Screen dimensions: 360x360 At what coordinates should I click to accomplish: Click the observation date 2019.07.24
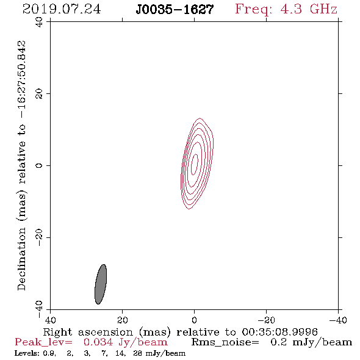coord(62,9)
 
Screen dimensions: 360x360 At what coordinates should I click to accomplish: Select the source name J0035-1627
coord(175,10)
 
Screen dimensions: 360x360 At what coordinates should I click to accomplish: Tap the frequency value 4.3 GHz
coord(309,9)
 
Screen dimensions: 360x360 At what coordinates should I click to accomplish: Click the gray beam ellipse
coord(101,284)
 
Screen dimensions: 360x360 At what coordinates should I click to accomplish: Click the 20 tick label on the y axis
coord(39,94)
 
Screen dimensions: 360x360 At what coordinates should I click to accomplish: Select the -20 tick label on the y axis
coord(39,237)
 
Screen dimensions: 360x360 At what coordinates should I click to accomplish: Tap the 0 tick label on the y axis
coord(39,165)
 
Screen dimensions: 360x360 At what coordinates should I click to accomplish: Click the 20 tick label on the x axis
coord(122,320)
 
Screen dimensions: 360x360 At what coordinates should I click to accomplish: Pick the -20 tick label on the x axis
coord(266,320)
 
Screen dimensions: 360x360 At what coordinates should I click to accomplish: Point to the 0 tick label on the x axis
coord(194,320)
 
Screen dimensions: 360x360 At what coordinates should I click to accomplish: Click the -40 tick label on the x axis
coord(338,320)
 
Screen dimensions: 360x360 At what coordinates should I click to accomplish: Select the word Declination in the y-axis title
coord(21,259)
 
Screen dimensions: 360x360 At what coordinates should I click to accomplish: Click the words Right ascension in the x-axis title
coord(88,332)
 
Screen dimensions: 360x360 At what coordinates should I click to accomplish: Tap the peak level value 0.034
coord(98,342)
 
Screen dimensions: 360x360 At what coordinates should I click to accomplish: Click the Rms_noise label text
coord(225,342)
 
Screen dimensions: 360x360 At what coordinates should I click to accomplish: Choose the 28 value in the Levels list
coord(137,353)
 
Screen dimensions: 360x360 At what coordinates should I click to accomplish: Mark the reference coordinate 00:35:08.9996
coord(279,332)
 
